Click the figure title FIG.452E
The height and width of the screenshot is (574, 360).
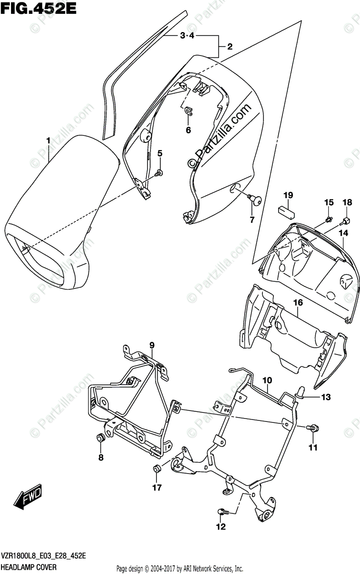tap(34, 8)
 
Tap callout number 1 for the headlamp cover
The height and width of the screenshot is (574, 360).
tap(48, 140)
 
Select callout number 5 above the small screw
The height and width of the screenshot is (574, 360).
tap(160, 154)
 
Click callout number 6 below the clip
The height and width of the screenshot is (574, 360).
tap(188, 130)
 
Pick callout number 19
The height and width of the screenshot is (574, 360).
tap(287, 195)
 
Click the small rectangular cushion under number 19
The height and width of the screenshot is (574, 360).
tap(287, 210)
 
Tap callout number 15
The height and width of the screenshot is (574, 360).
tap(329, 203)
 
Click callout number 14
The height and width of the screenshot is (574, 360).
tap(343, 233)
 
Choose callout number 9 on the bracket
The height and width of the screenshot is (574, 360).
tap(152, 345)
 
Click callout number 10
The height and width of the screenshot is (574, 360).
tap(267, 380)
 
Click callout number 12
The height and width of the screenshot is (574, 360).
tap(220, 528)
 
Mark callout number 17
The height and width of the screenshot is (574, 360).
tap(157, 487)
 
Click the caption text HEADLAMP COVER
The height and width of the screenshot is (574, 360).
tap(29, 567)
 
